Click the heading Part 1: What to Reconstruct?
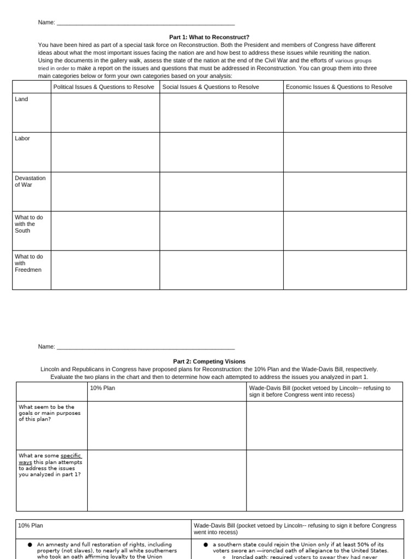coord(209,37)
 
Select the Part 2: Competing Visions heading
coord(209,361)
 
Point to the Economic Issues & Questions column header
coord(339,87)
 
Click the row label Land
coord(22,99)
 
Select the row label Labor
coord(22,139)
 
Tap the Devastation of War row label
coord(30,181)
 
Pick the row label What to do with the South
coord(29,224)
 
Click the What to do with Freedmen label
coord(29,263)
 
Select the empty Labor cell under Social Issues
coord(221,152)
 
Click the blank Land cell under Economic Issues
coord(345,112)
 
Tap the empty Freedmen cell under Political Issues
coord(105,270)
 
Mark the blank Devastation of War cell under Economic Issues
coord(345,191)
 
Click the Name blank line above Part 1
coord(146,23)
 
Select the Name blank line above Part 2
coord(146,348)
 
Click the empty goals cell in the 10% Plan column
coord(166,425)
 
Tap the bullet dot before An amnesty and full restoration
coord(29,545)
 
